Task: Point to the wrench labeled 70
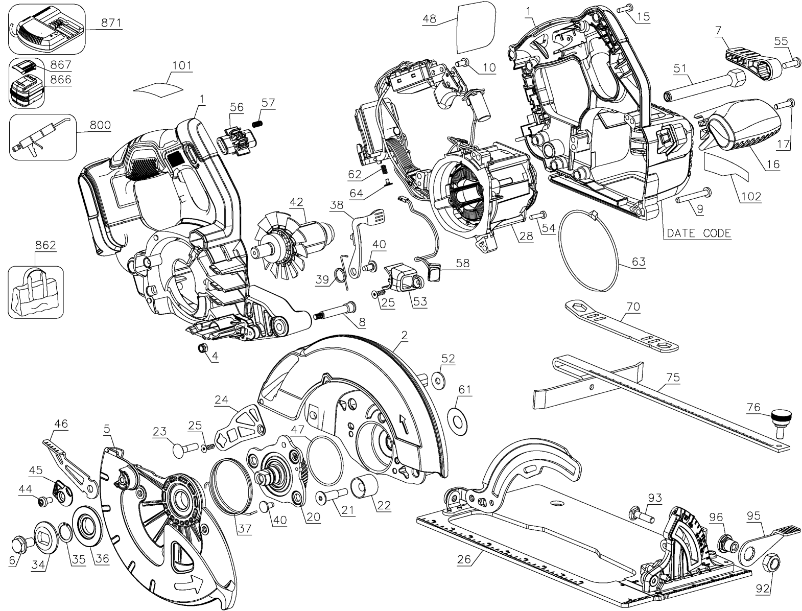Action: point(621,325)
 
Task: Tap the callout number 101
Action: point(182,65)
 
